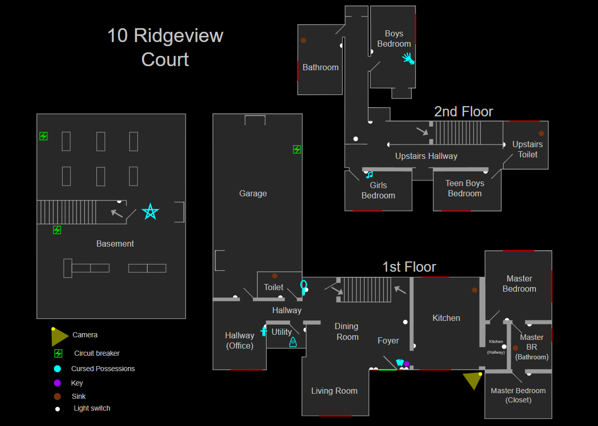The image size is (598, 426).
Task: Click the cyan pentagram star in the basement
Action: click(150, 212)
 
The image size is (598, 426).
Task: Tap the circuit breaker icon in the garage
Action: click(297, 149)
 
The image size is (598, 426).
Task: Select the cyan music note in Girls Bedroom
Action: click(369, 174)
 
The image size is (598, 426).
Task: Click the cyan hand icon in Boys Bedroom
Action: click(408, 58)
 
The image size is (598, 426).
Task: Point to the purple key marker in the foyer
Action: click(407, 363)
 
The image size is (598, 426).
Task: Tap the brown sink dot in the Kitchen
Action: click(474, 290)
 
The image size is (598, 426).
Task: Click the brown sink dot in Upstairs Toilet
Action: click(541, 133)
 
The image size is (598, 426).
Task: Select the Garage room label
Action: click(253, 194)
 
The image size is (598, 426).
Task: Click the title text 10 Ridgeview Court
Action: click(165, 47)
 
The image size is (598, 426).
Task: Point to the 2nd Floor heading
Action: click(464, 111)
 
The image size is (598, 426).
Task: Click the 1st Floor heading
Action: click(409, 267)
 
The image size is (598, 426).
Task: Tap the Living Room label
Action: click(334, 391)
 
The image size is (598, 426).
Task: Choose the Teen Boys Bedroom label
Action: click(465, 188)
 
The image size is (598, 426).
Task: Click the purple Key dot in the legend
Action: click(57, 383)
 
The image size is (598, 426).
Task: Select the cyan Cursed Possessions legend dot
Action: click(57, 369)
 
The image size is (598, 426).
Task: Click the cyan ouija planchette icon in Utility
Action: click(293, 342)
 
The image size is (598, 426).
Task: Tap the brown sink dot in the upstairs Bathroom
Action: click(303, 40)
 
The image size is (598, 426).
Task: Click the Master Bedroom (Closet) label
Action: click(519, 395)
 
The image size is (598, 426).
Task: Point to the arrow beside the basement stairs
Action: click(117, 213)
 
